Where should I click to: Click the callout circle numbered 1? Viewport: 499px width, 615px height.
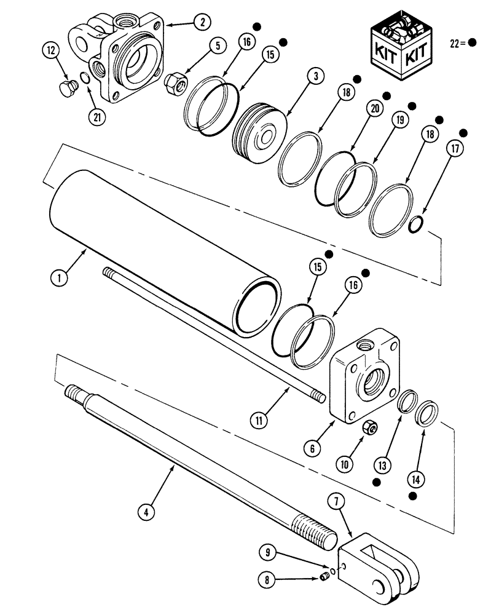(x=59, y=278)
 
